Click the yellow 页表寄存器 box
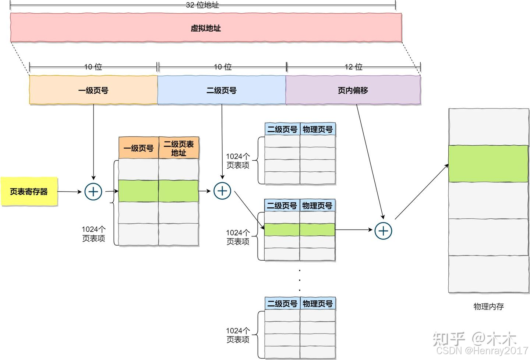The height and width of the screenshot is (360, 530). tap(29, 191)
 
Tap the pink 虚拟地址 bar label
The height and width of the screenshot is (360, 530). tap(205, 28)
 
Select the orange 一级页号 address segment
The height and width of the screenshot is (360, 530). tap(93, 90)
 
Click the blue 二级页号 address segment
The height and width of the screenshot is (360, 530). tap(221, 90)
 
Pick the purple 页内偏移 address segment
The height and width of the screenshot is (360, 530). tap(353, 90)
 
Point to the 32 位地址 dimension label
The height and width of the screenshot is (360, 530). tap(202, 5)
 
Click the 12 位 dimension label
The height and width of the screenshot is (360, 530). tap(353, 67)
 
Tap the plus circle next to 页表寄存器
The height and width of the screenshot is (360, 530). tap(93, 192)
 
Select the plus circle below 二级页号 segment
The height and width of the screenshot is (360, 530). tap(222, 191)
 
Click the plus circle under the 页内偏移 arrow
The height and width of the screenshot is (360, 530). tap(383, 231)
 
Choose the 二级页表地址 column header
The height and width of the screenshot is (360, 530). tap(179, 148)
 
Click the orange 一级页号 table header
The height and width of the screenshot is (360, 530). tap(138, 148)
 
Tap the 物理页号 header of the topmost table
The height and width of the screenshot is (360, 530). tap(318, 129)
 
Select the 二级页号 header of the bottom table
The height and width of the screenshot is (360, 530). tap(282, 304)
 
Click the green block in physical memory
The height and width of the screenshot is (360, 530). tap(488, 164)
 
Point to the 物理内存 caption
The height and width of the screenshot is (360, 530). tap(488, 306)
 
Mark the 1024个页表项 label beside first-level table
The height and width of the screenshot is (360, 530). tap(93, 234)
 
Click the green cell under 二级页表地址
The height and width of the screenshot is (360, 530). tap(179, 191)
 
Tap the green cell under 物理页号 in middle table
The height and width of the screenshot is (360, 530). tap(317, 230)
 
